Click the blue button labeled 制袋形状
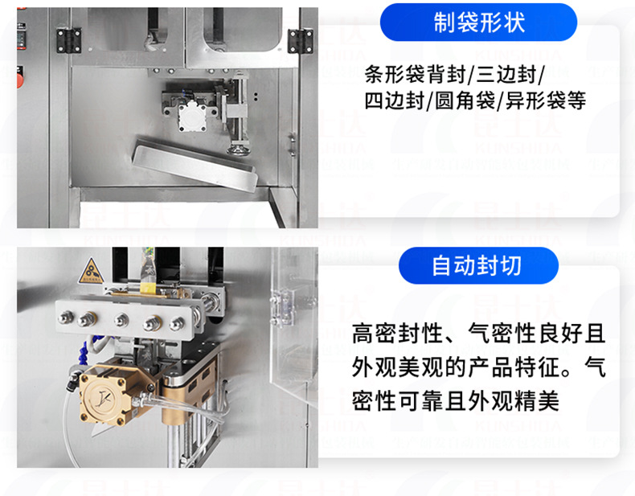point(477,23)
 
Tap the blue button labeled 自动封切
point(477,266)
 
